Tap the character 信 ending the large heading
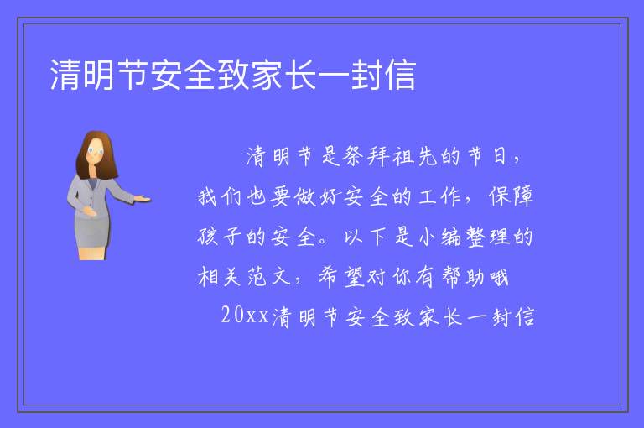(400, 75)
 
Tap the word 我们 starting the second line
(220, 196)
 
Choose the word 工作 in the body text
(440, 196)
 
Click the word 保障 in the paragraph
(511, 196)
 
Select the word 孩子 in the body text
(220, 237)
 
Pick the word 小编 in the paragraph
(440, 237)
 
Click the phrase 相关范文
(244, 276)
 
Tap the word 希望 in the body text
(342, 276)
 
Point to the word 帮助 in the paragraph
(463, 276)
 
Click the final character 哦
(498, 276)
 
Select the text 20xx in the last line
(245, 316)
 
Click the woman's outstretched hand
(142, 199)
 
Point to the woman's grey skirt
(91, 233)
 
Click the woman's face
(95, 151)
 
